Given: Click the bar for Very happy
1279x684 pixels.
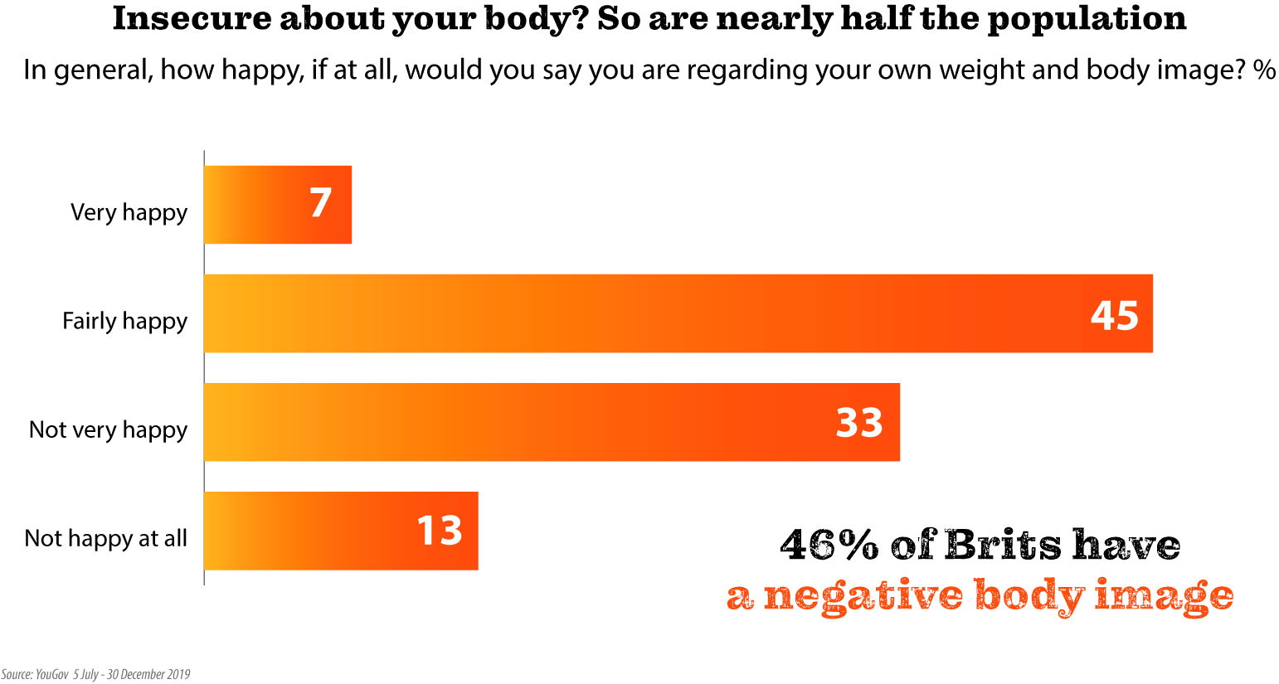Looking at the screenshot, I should pos(277,205).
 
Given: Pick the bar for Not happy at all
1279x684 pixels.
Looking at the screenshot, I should pos(340,531).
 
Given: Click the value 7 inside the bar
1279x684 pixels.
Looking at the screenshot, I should pos(321,204).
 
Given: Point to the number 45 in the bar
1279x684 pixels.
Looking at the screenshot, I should pos(1114,315).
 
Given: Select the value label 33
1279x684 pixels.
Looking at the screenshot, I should pos(858,423).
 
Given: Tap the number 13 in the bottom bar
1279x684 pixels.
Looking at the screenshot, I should pos(439,531).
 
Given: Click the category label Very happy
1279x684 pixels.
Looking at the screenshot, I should pos(129,213).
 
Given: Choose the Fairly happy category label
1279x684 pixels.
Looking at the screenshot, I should pos(124,322).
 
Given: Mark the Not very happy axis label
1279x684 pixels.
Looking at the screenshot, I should pos(108,429).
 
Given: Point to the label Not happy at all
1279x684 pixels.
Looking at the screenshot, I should pos(105,538).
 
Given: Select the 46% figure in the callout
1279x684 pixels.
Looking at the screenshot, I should pos(829,546).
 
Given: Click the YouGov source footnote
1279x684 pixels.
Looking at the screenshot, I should pos(95,674).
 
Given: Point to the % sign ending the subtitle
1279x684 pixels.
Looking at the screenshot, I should pos(1264,70).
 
